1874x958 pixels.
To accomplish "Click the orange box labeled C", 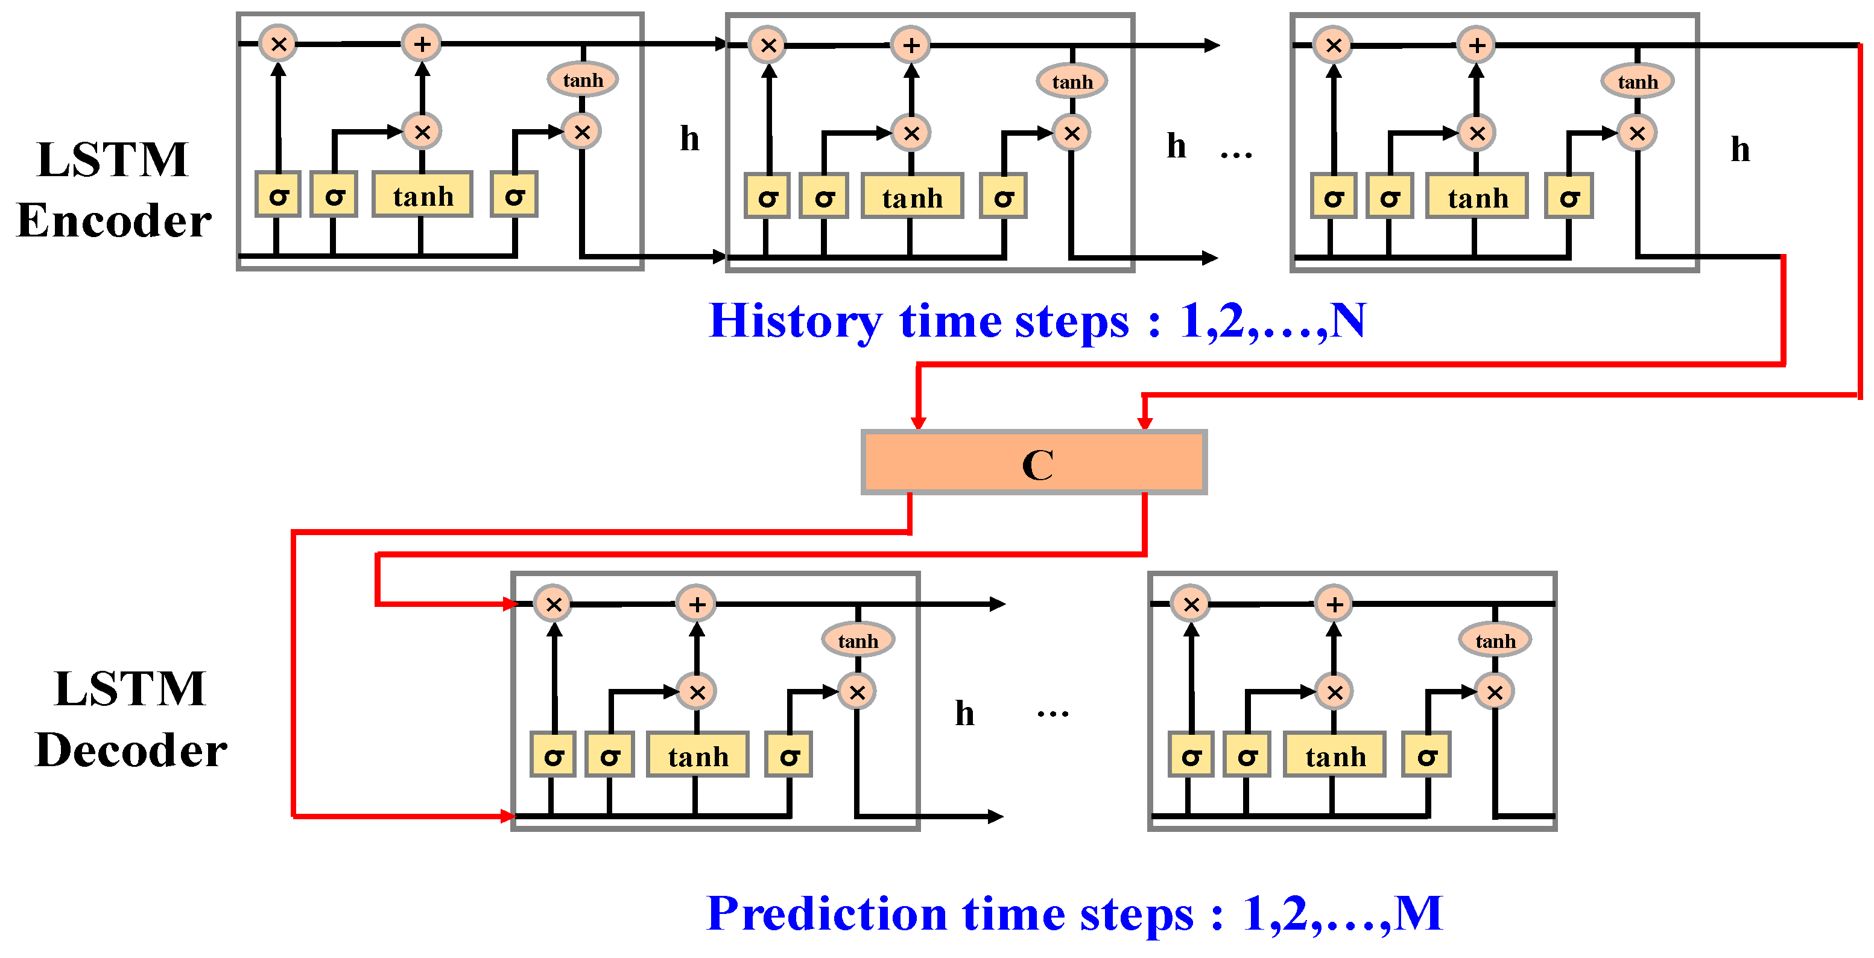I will point(1034,463).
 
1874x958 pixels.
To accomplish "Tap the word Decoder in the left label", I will point(131,750).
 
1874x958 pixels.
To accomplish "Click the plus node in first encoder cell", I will point(422,43).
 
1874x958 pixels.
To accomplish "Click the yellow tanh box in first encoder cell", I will point(423,195).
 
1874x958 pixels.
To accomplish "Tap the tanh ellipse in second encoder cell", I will point(1072,81).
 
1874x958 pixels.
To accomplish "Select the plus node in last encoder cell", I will point(1476,45).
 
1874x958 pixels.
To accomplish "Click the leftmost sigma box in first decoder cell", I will point(553,755).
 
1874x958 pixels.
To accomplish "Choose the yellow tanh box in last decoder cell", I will point(1335,755).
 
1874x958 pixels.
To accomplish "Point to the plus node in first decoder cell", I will point(696,604).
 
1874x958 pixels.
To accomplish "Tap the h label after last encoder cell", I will point(1740,150).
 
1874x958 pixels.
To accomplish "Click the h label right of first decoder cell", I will point(964,714).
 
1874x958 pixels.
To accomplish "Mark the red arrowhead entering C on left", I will point(918,422).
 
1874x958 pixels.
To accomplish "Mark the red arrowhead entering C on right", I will point(1144,422).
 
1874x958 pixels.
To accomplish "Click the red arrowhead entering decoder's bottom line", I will point(508,816).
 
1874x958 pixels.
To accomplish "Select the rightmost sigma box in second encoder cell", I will point(1003,197).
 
